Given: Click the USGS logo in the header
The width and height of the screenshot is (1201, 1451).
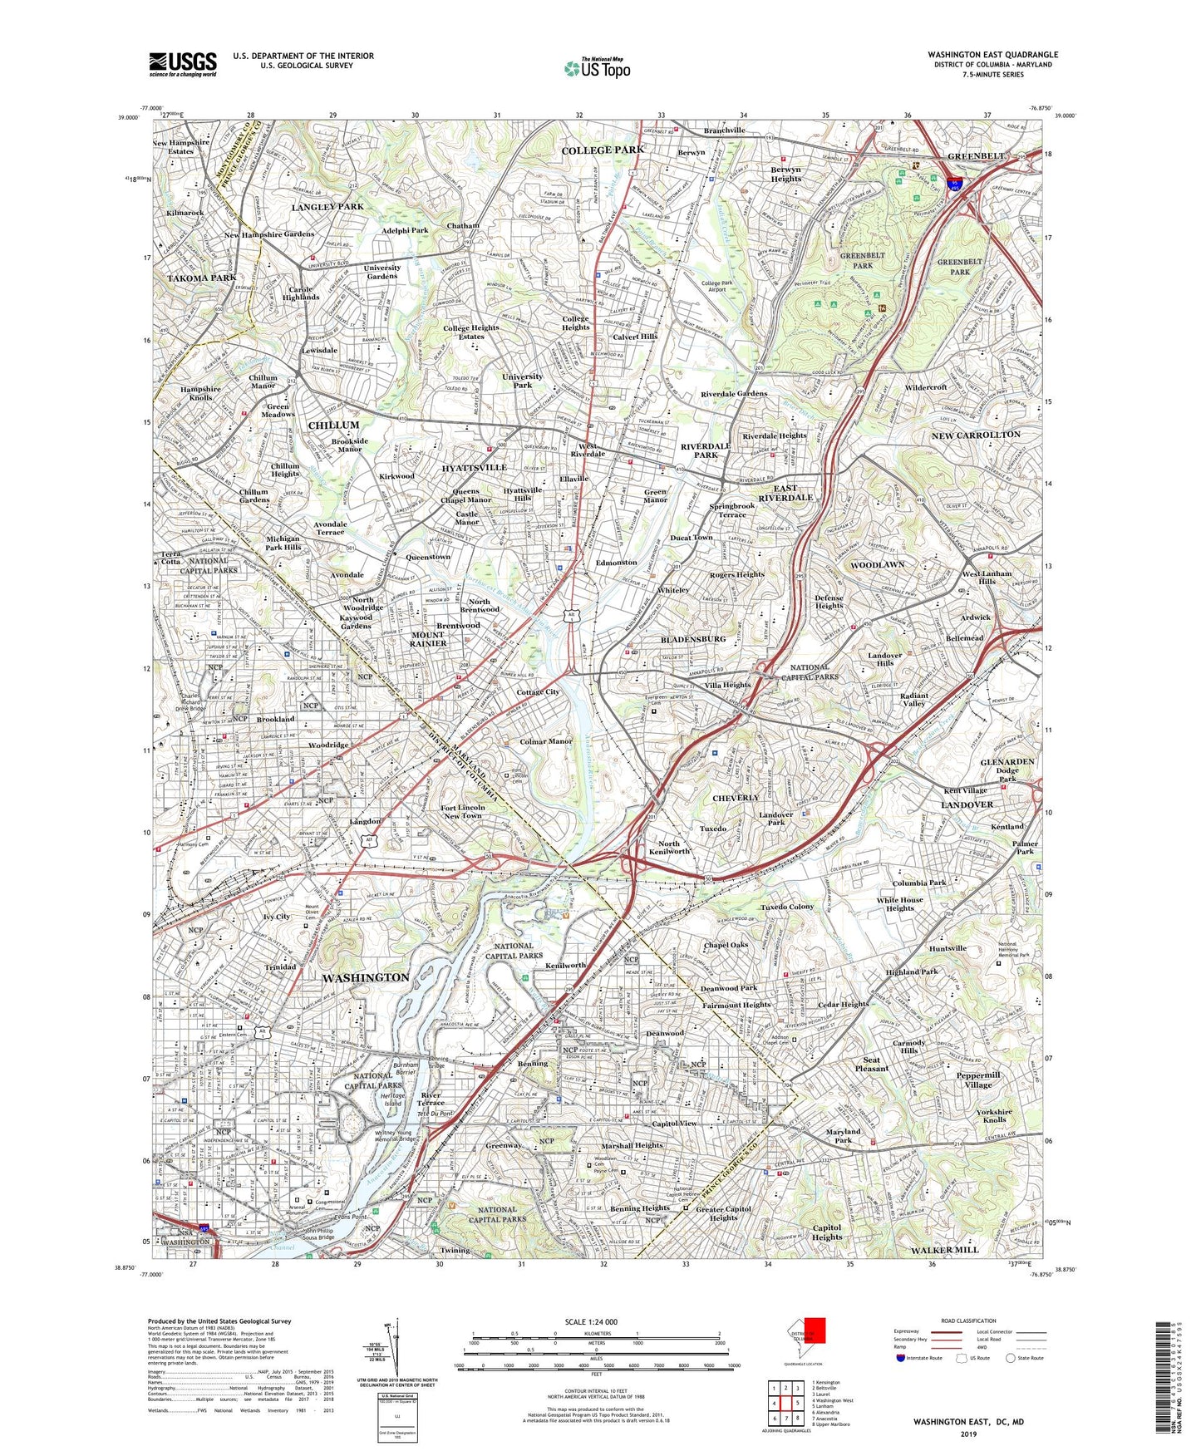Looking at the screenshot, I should pos(183,63).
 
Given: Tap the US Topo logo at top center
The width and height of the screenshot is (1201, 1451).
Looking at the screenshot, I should pos(597,68).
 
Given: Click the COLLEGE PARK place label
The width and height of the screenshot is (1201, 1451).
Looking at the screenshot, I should pos(603,150).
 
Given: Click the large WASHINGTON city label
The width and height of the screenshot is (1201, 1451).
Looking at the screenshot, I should pos(366,977).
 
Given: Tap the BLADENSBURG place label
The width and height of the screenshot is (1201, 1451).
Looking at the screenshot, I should pos(694,639).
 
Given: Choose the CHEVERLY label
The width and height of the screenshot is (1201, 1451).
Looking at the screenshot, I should pos(736,797).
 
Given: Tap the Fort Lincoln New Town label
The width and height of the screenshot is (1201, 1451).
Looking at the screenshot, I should pos(462,811).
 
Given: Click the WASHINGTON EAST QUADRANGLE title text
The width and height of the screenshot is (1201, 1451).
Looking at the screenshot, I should pos(992,54).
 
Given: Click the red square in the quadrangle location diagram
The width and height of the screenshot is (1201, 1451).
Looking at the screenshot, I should pos(815,1330).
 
